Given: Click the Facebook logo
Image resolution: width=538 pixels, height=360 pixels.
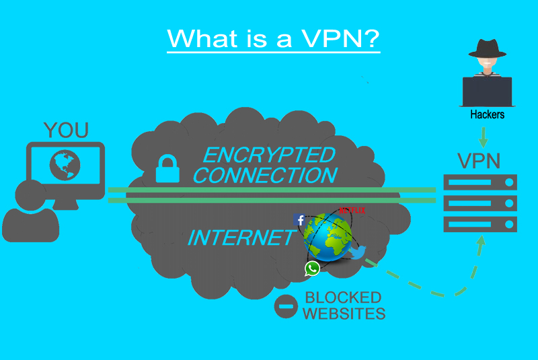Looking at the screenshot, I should [300, 219].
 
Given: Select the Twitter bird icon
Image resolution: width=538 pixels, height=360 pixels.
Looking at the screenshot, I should [356, 252].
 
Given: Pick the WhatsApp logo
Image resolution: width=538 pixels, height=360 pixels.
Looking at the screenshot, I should [312, 268].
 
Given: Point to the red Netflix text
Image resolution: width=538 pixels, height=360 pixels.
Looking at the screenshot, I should [352, 211].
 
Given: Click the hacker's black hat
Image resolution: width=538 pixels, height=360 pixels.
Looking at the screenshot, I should [487, 48].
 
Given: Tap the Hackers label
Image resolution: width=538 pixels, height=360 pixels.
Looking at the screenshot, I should [487, 115].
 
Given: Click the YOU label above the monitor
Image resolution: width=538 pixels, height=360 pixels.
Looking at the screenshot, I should [65, 130].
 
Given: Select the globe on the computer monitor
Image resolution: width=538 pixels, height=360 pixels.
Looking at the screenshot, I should [65, 164].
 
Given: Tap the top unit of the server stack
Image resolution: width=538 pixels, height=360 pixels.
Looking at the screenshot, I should [480, 182].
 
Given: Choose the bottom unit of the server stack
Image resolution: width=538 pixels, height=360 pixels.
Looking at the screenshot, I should [480, 223].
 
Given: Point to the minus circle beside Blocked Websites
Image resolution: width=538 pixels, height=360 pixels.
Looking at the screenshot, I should [286, 307].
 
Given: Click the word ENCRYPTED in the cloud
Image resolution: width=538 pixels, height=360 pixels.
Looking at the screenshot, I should [268, 155].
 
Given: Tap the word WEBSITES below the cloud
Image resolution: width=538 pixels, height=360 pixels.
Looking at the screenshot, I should [344, 314].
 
